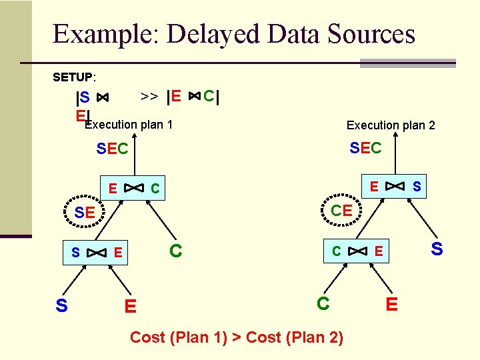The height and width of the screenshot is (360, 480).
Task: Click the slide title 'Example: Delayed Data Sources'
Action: tap(233, 34)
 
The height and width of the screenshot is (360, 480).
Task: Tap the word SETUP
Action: tap(74, 77)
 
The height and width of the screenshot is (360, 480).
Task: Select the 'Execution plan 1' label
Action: tap(129, 125)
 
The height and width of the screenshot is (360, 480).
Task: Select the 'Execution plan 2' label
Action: tap(391, 125)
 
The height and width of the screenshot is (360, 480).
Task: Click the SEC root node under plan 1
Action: tap(112, 149)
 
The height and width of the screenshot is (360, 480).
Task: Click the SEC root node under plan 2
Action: tap(366, 148)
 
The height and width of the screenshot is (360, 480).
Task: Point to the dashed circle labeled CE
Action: tap(341, 211)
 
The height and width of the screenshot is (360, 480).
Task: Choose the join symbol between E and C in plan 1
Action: tap(134, 188)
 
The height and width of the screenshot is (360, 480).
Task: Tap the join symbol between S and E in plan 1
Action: tap(97, 253)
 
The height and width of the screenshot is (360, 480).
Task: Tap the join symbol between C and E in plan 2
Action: tap(358, 251)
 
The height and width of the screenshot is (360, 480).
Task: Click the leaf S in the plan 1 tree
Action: tap(61, 305)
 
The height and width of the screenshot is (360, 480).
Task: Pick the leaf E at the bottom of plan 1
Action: tap(131, 306)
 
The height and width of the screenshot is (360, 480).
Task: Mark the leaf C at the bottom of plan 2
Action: tap(323, 303)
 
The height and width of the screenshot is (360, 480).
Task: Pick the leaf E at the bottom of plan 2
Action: tap(392, 304)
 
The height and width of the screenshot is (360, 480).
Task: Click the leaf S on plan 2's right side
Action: tap(437, 249)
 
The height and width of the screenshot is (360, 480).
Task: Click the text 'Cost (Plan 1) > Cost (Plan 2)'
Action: tap(237, 337)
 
